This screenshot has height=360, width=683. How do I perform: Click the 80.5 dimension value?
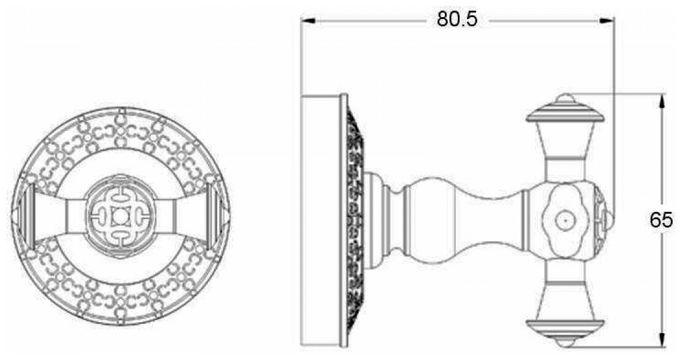457,20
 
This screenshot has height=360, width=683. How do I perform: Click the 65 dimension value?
661,220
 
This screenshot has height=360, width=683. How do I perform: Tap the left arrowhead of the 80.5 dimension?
308,20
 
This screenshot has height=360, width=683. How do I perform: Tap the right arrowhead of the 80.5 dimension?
607,20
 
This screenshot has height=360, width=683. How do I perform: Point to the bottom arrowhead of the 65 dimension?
662,340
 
